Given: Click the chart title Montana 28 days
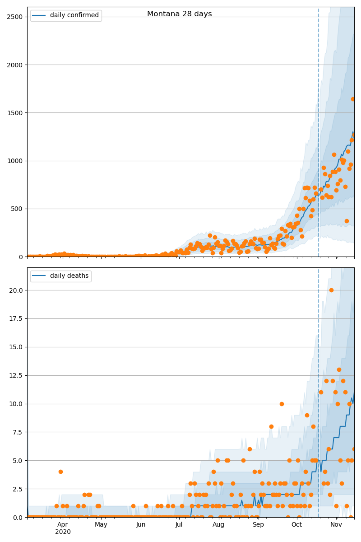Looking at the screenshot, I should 179,14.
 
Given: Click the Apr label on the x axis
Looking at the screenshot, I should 62,524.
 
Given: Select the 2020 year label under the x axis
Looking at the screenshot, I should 63,532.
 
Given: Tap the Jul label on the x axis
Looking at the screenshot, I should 179,524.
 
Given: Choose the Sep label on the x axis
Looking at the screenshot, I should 258,524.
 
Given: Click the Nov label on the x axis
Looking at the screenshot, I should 336,524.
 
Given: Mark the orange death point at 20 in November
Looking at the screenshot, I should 331,290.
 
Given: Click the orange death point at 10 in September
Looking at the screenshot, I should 282,404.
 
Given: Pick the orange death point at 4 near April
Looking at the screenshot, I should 60,472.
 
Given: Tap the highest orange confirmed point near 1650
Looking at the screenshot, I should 353,99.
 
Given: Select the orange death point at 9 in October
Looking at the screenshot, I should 307,415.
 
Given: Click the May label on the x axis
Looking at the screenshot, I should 101,524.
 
